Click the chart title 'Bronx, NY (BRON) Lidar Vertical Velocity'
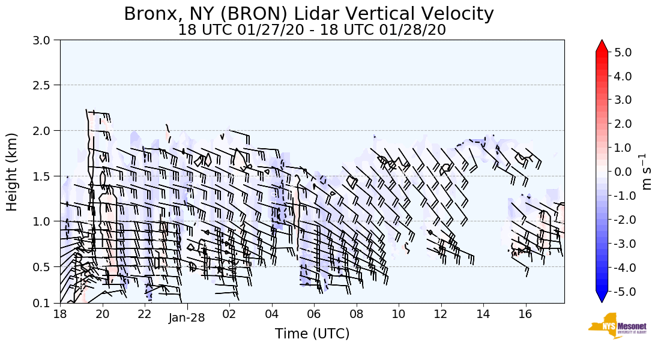click(x=309, y=14)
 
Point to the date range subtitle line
click(x=312, y=30)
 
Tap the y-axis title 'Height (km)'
click(x=12, y=172)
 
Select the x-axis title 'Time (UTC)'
click(x=312, y=334)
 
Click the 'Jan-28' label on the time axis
click(x=187, y=318)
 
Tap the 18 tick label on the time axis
click(x=60, y=314)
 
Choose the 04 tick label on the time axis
click(x=271, y=314)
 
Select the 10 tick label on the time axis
click(x=399, y=314)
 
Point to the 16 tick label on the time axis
click(x=525, y=314)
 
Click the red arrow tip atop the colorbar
click(x=602, y=46)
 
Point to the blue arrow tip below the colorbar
click(x=602, y=298)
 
